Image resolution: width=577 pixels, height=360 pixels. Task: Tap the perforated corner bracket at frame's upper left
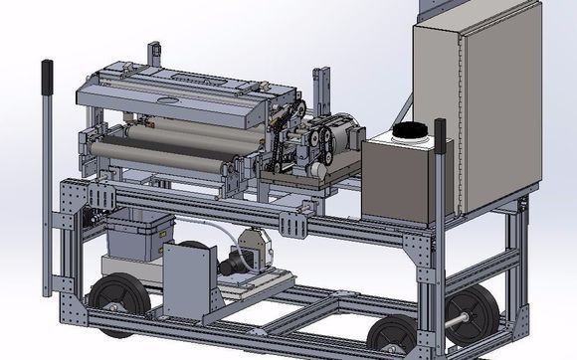point(71,198)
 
